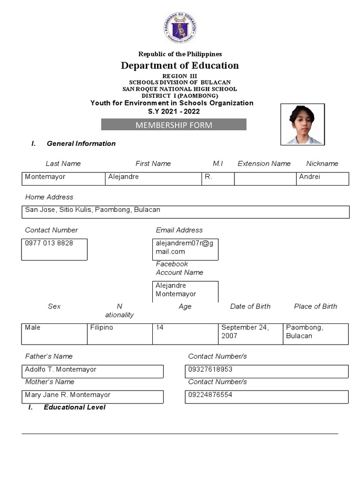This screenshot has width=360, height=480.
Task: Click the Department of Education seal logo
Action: coord(180,29)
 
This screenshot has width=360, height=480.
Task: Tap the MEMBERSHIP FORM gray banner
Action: coord(174,125)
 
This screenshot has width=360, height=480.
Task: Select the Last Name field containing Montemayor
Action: coord(63,179)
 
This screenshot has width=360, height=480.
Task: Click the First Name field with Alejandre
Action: coord(153,179)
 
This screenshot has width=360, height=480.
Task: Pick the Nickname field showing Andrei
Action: coord(322,179)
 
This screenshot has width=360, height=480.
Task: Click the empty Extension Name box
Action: coord(265,179)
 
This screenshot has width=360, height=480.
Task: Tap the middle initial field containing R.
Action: coord(217,179)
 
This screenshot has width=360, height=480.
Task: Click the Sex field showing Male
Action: coord(54,334)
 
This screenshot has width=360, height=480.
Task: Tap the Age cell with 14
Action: coord(185,334)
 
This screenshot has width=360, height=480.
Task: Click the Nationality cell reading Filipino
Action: coord(120,334)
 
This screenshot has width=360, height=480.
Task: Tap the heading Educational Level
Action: coord(74,407)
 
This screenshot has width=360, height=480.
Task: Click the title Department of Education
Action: coord(180,66)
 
